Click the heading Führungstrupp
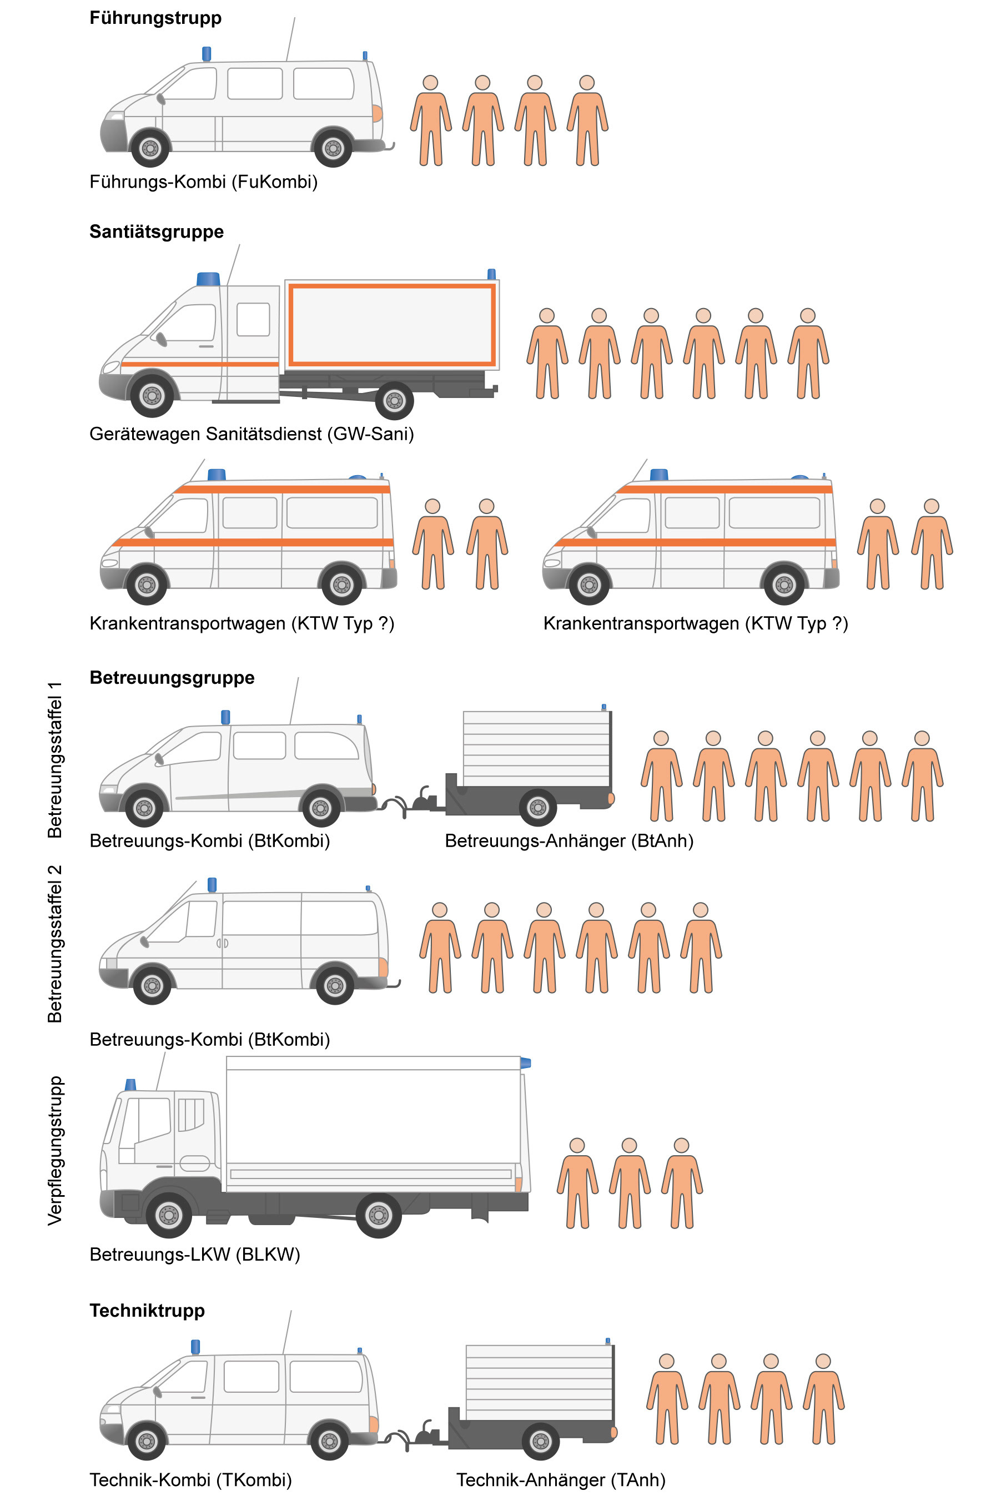(x=155, y=18)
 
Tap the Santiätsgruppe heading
(x=156, y=231)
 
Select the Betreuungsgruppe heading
(x=172, y=677)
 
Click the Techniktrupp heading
(x=147, y=1311)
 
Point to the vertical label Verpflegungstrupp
(x=56, y=1151)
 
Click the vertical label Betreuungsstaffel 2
(x=56, y=944)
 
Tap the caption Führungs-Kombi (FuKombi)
(x=203, y=182)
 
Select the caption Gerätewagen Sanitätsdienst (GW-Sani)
(x=251, y=434)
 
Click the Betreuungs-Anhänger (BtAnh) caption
(x=569, y=842)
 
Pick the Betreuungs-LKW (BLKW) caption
(x=194, y=1255)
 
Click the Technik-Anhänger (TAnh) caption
(x=561, y=1480)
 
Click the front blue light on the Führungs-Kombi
(x=207, y=53)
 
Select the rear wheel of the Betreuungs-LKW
(x=379, y=1215)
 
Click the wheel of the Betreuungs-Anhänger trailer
(x=538, y=808)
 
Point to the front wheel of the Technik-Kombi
(x=147, y=1441)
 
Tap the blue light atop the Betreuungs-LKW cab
(x=131, y=1085)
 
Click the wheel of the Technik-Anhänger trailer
(x=541, y=1441)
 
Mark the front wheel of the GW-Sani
(x=152, y=396)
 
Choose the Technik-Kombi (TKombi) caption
(x=190, y=1480)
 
